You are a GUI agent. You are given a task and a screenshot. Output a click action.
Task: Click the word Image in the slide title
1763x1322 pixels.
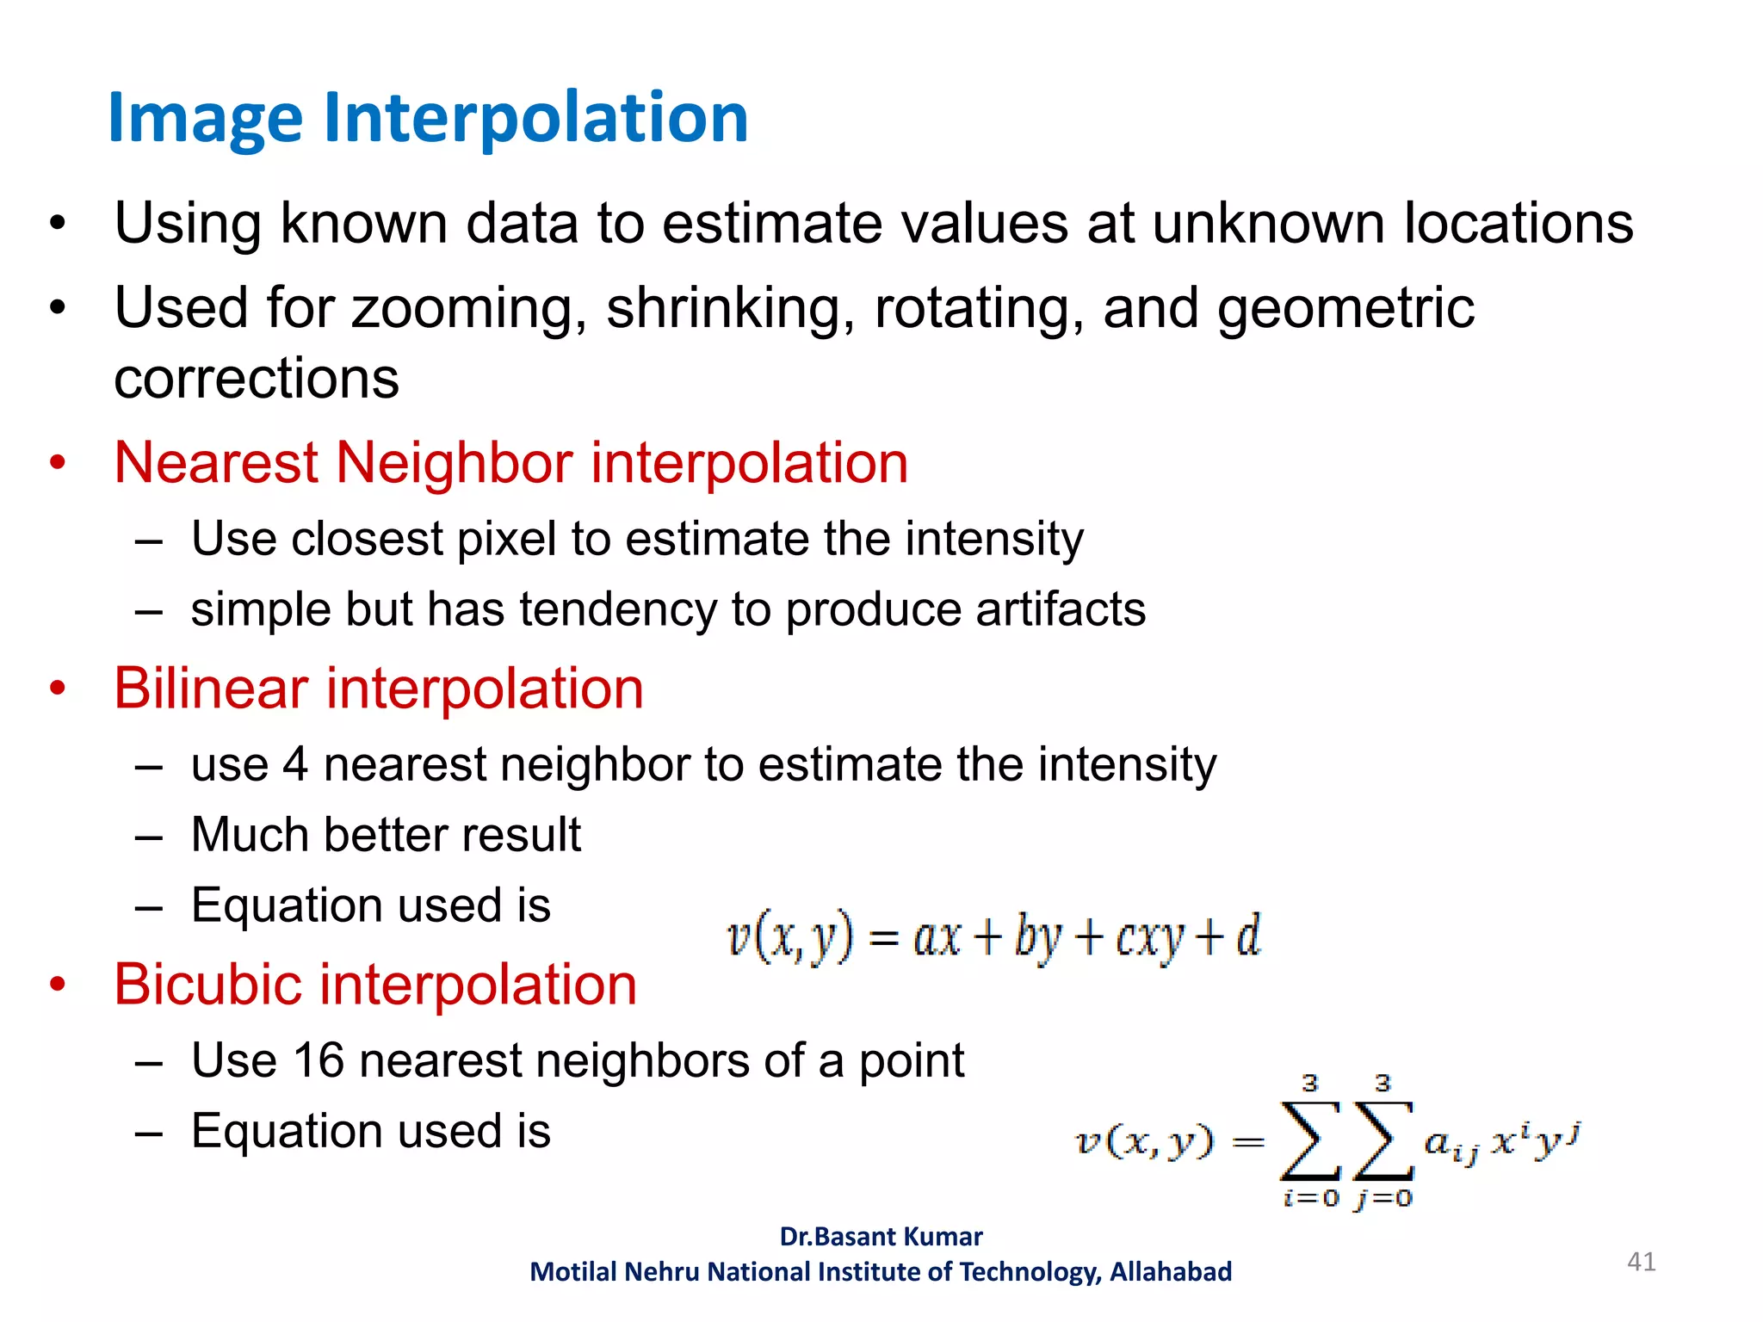(x=205, y=119)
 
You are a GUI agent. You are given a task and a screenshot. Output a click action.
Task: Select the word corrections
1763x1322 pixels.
(x=257, y=379)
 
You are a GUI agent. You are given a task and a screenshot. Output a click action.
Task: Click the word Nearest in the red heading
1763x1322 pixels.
(x=216, y=463)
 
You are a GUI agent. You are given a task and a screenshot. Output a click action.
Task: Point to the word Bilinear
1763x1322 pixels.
(x=211, y=689)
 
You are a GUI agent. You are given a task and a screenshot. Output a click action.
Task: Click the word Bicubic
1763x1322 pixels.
(x=207, y=985)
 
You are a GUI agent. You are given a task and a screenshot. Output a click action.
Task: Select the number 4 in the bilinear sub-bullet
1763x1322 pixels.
(x=295, y=765)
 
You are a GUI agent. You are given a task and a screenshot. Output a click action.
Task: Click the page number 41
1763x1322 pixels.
(x=1641, y=1262)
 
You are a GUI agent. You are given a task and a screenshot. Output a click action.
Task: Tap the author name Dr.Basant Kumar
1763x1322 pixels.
(x=881, y=1237)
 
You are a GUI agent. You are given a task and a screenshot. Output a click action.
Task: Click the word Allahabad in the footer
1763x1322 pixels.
(x=1170, y=1272)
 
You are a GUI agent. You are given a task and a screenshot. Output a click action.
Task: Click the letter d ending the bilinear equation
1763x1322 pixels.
(x=1247, y=935)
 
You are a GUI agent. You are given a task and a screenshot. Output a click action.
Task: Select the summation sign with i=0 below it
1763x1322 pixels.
(x=1309, y=1141)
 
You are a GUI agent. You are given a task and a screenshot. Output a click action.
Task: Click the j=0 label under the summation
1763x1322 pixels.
(x=1383, y=1198)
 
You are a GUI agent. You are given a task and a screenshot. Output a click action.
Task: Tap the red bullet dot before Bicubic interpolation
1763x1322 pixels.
(x=58, y=984)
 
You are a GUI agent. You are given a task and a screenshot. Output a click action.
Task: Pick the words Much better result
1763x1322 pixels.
(x=386, y=835)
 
